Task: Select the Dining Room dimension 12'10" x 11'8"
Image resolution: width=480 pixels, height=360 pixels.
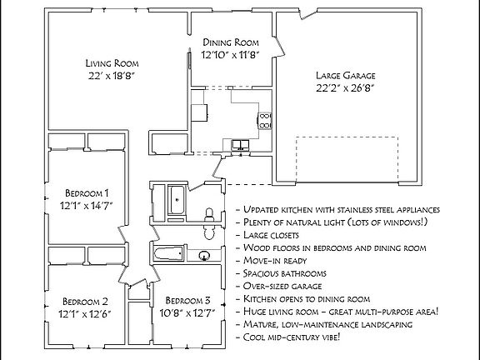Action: [x=231, y=55]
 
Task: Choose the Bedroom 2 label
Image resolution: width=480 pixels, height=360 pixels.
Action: [x=84, y=301]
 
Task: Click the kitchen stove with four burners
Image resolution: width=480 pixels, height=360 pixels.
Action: [x=264, y=120]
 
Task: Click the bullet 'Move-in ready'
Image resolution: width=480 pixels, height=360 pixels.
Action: [x=275, y=260]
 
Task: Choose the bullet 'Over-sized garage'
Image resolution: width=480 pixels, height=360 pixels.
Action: [x=281, y=285]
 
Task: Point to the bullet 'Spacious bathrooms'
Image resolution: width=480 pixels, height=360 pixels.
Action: [x=285, y=272]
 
